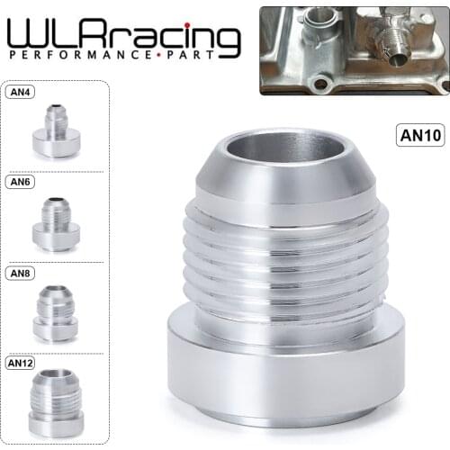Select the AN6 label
coord(21,181)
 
